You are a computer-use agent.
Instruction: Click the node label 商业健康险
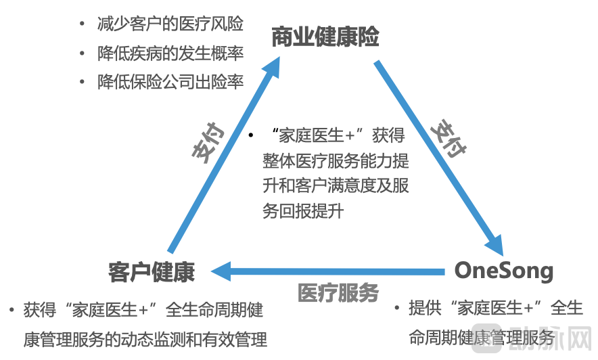[x=325, y=37]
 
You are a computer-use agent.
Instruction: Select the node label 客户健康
[x=152, y=271]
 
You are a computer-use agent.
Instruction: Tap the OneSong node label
[x=504, y=271]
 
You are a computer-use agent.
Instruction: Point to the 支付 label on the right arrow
[x=448, y=139]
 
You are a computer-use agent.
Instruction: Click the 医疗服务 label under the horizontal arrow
[x=338, y=293]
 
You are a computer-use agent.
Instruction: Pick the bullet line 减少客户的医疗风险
[x=170, y=24]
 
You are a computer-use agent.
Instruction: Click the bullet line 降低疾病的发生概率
[x=170, y=53]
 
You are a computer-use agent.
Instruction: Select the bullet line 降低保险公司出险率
[x=170, y=81]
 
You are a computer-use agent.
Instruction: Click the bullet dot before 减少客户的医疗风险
[x=82, y=25]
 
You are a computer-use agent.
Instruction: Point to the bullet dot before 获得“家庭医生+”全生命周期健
[x=11, y=311]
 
